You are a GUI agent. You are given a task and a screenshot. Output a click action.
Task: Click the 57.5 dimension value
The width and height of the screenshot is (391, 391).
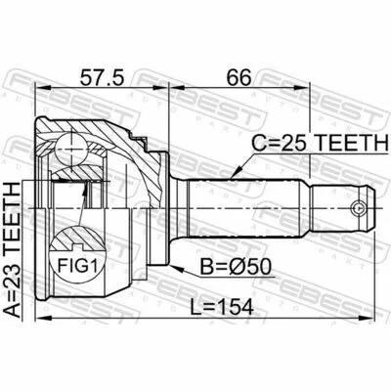click(102, 77)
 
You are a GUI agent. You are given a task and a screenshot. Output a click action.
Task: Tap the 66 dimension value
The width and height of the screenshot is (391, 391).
click(239, 77)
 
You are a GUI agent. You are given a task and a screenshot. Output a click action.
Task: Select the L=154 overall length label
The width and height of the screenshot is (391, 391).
click(222, 307)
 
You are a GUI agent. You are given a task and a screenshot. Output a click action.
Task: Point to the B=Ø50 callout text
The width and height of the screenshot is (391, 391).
click(236, 267)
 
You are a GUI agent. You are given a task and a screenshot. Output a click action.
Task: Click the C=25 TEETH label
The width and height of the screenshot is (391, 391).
click(320, 143)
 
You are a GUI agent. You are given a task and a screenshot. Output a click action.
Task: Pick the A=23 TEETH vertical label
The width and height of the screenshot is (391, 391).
click(13, 249)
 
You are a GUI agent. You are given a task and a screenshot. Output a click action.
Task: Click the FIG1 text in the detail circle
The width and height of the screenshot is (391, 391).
click(77, 266)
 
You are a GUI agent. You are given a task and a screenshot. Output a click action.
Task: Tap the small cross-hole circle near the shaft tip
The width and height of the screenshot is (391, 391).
click(358, 207)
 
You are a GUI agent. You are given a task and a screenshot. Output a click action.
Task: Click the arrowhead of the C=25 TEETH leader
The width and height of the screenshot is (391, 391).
click(238, 173)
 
